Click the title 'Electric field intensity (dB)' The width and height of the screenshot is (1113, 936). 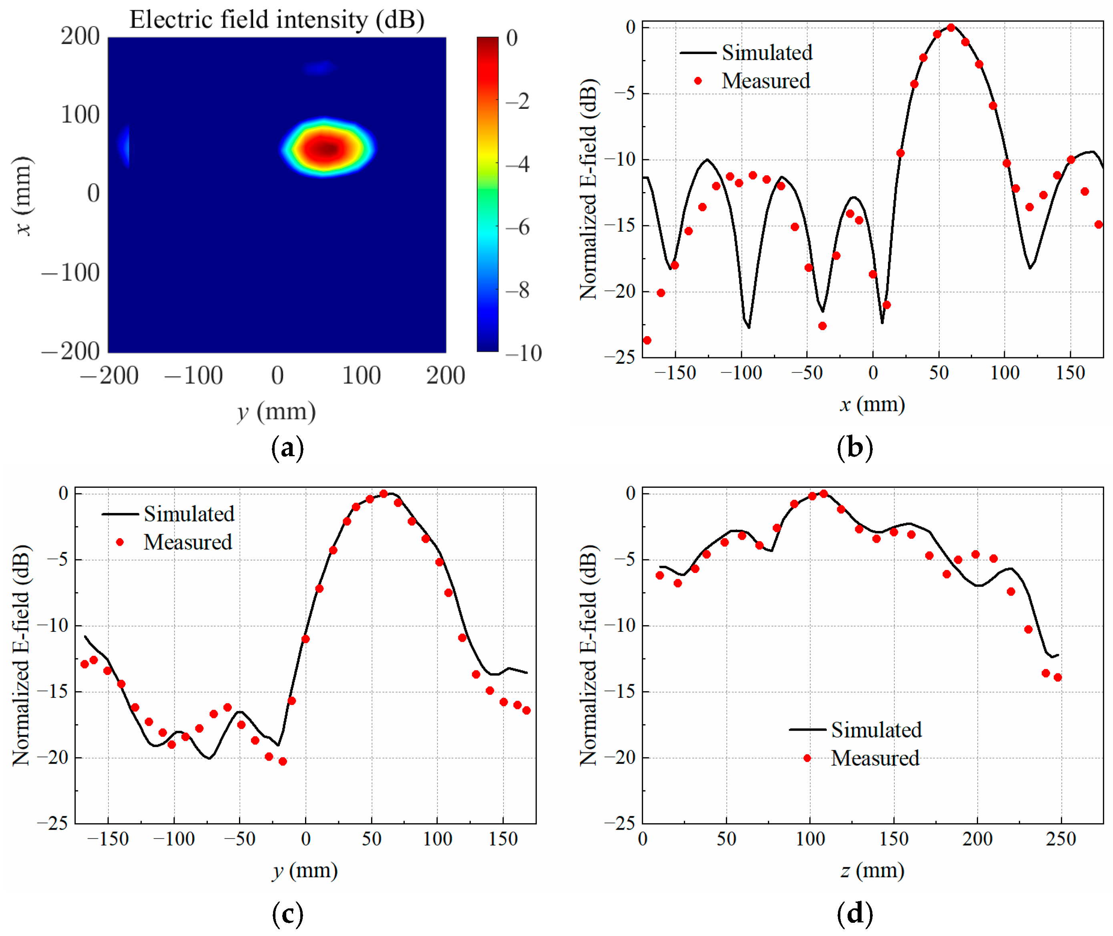point(277,20)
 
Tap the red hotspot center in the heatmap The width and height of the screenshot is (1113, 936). point(327,149)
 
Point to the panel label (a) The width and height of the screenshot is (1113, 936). point(287,448)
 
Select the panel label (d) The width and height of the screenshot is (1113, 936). point(854,914)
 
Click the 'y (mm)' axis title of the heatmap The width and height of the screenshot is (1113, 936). point(277,412)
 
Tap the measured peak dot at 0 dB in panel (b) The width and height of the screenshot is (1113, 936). point(950,28)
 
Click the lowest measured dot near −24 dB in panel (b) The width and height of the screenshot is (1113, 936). point(647,340)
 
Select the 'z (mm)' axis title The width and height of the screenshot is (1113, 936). point(872,871)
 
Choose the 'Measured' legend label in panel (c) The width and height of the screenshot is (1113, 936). point(188,542)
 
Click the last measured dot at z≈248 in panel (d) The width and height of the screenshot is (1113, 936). point(1057,677)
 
